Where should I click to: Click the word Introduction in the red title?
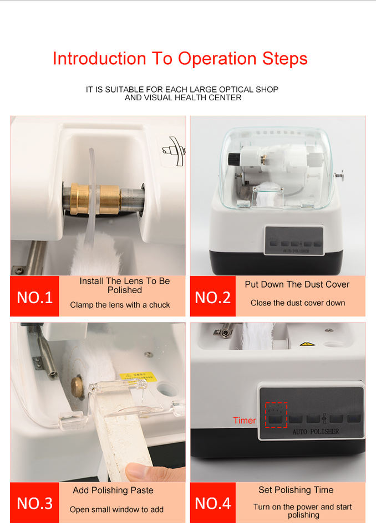pyautogui.click(x=99, y=58)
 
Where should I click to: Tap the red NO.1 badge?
pyautogui.click(x=34, y=296)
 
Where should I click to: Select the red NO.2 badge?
pyautogui.click(x=212, y=296)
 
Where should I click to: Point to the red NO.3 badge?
pyautogui.click(x=34, y=503)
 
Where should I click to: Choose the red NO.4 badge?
pyautogui.click(x=212, y=503)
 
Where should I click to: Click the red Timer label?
pyautogui.click(x=245, y=420)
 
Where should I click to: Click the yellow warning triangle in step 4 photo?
pyautogui.click(x=307, y=344)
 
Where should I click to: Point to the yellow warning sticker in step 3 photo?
pyautogui.click(x=138, y=376)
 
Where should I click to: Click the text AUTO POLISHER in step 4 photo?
pyautogui.click(x=316, y=432)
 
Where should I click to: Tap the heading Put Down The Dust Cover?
pyautogui.click(x=297, y=284)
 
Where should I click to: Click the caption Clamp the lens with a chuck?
pyautogui.click(x=120, y=305)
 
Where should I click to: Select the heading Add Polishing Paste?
pyautogui.click(x=113, y=490)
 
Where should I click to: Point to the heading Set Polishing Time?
pyautogui.click(x=296, y=489)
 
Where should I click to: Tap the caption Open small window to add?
pyautogui.click(x=116, y=509)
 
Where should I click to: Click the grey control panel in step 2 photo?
pyautogui.click(x=294, y=240)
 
